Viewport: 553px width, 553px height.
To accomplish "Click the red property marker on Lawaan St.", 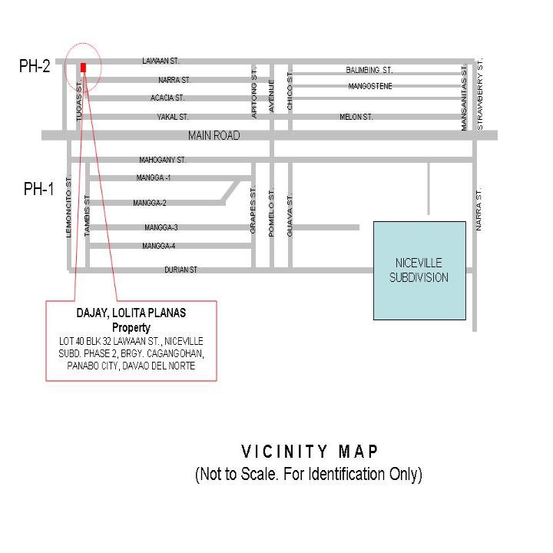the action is [83, 68].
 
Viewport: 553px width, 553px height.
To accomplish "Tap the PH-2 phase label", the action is [35, 66].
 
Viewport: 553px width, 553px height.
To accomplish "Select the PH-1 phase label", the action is [39, 189].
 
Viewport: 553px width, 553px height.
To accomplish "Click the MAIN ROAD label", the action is [214, 135].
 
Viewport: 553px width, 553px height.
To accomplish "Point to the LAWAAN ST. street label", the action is [161, 61].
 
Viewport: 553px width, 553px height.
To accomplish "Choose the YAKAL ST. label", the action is [173, 117].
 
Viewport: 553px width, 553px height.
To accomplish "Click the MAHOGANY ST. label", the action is [163, 160].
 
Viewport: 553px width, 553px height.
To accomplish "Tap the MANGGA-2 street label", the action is [150, 203].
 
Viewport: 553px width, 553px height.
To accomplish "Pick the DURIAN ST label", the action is [180, 270].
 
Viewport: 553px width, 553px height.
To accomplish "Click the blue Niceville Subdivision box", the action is [419, 270].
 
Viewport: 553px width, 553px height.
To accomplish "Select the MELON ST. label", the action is [356, 117].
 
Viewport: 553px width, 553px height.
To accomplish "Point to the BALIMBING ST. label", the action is [369, 70].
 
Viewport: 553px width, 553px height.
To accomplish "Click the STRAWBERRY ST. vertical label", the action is [479, 94].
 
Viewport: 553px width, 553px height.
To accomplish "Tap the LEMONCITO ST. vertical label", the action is [68, 206].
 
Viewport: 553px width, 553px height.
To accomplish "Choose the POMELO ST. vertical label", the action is [271, 213].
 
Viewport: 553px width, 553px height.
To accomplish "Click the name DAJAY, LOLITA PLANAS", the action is [131, 313].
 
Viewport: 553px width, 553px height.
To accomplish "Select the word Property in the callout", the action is [131, 328].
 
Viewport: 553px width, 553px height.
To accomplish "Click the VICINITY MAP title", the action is [310, 452].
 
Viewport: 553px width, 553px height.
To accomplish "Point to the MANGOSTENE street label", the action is [370, 86].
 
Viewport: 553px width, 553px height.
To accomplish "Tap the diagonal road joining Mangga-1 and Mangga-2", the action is [231, 191].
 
